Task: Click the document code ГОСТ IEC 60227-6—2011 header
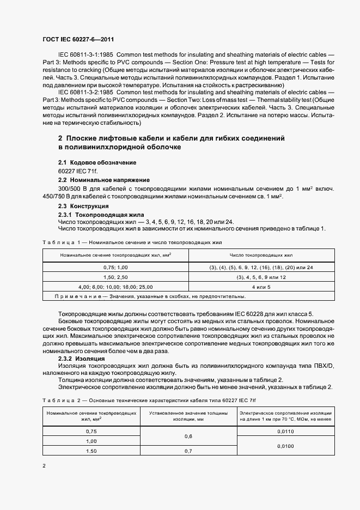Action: (77, 40)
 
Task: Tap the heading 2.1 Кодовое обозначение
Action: (97, 163)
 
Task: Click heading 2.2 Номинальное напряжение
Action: (103, 180)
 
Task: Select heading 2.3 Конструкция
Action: (83, 207)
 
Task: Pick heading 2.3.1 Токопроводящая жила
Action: (97, 215)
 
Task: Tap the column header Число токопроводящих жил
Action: (261, 254)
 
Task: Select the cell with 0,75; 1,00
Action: (115, 268)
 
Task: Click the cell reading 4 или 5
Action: (261, 286)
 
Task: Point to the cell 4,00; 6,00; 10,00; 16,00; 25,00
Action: (115, 286)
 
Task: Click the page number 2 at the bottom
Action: (44, 467)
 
